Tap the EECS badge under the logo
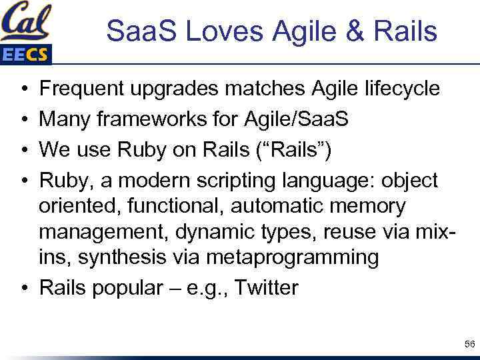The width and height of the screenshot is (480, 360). click(x=25, y=54)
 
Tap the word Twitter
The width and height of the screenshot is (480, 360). click(x=267, y=288)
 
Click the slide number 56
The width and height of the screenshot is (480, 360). click(x=469, y=343)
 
